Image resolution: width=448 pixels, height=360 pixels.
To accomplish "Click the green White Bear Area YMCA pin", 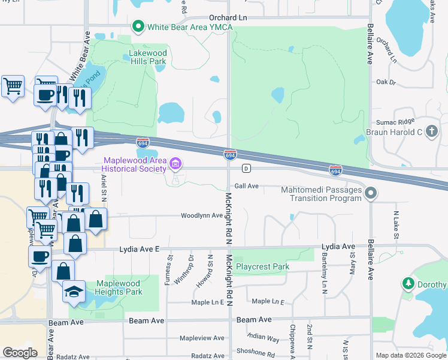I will click(x=137, y=26).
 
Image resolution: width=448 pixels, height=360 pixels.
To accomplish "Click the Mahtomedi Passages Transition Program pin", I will click(x=371, y=193).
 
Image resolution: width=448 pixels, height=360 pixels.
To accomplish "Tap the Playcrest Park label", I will click(x=262, y=266).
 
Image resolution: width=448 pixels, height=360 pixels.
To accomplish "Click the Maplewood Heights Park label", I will click(x=118, y=287).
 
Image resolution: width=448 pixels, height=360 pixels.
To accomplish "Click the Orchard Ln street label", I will click(x=228, y=18).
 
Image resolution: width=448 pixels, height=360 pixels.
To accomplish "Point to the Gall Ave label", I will click(x=246, y=186).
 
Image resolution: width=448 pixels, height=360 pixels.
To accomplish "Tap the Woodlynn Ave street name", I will click(x=202, y=215).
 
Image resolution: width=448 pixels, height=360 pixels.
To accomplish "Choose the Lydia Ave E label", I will click(x=140, y=248).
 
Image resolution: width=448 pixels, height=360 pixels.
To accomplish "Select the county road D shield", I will click(x=246, y=168).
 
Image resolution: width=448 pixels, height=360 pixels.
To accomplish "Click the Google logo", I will click(x=20, y=353).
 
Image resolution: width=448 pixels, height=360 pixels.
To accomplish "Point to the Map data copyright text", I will click(x=411, y=355).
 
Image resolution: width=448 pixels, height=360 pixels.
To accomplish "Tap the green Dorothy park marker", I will click(x=408, y=283).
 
